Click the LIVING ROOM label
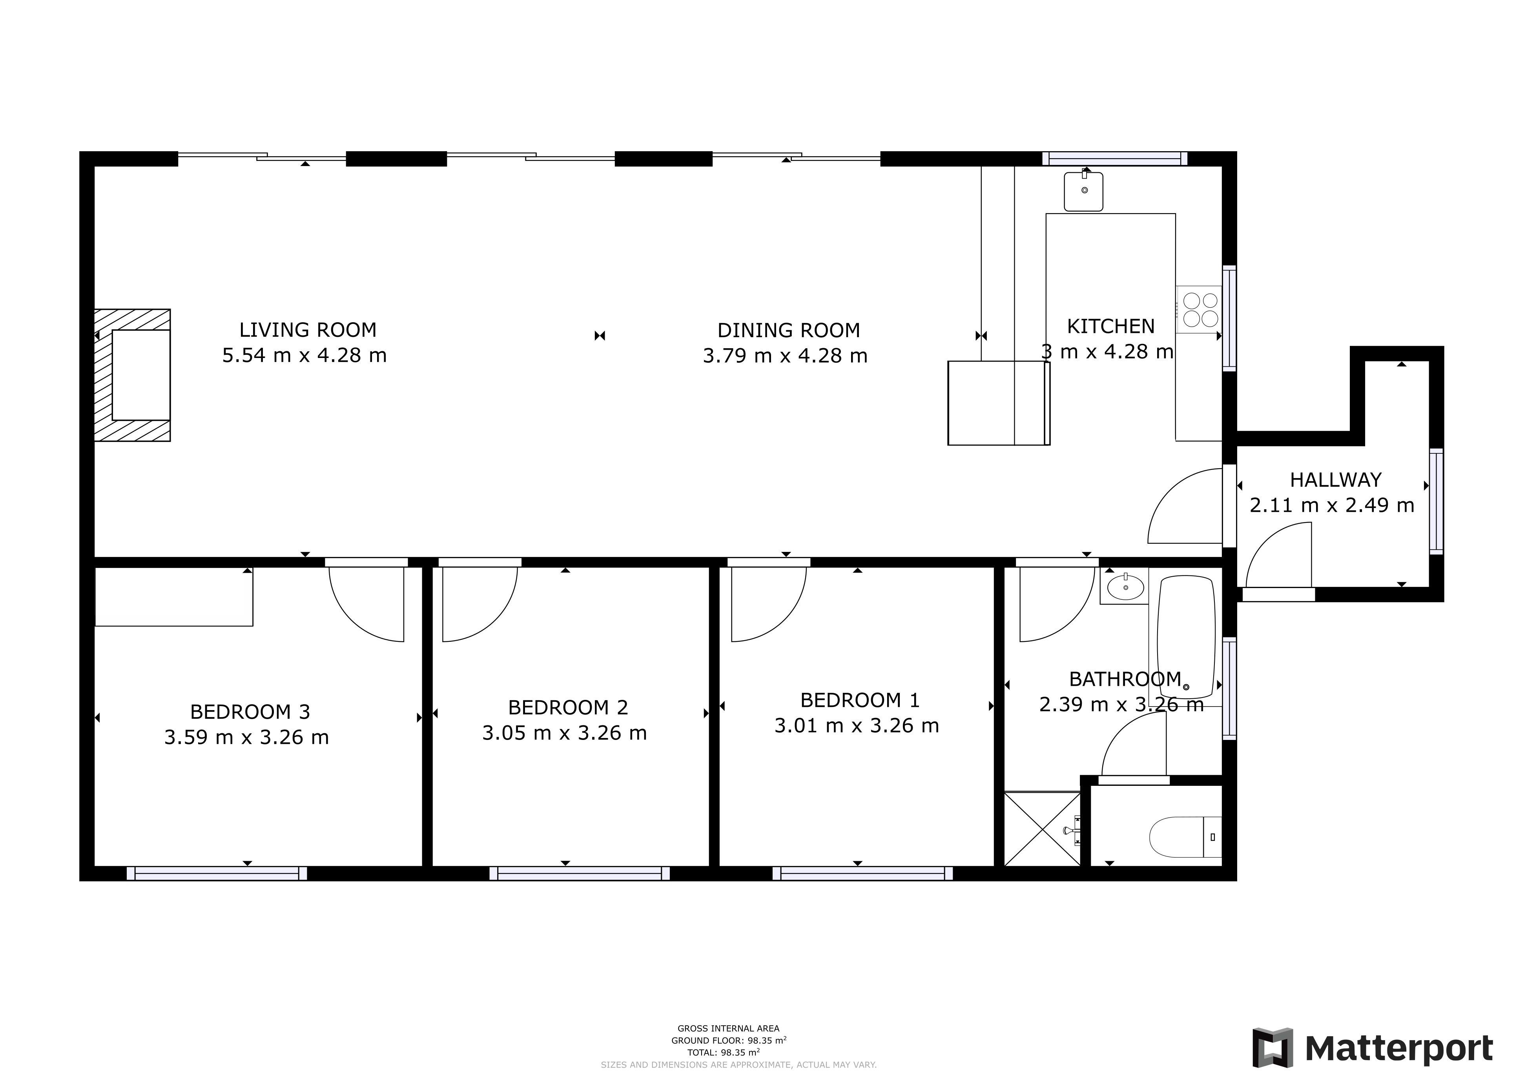(308, 329)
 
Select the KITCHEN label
(1110, 326)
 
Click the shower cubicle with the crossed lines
(1042, 828)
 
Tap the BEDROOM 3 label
(250, 712)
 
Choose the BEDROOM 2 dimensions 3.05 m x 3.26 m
(564, 733)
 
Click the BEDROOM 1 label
(859, 700)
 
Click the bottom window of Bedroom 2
(579, 873)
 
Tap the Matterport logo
(1373, 1048)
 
